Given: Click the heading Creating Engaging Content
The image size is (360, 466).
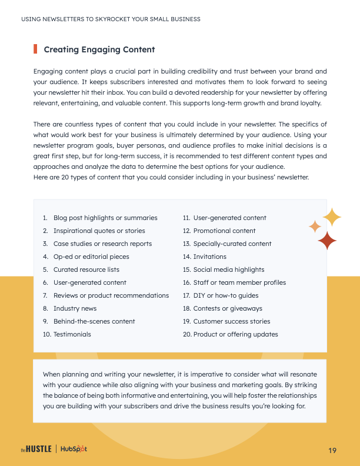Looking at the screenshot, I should click(99, 49).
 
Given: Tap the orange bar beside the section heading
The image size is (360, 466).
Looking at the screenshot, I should click(35, 49).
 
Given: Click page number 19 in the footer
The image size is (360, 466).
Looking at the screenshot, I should click(332, 450).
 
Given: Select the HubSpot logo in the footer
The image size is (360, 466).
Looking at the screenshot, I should click(74, 450).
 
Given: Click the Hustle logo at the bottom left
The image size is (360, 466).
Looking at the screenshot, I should click(36, 450).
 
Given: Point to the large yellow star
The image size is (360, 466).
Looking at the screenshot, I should click(332, 217).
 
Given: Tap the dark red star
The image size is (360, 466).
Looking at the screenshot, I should click(326, 240).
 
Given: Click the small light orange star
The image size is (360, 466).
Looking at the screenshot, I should click(315, 226).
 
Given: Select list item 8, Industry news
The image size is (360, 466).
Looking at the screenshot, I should click(75, 308).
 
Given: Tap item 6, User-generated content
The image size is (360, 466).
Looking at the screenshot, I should click(89, 282).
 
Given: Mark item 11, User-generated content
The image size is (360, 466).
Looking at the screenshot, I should click(229, 218).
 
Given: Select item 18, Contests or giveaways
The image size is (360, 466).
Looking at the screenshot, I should click(227, 308).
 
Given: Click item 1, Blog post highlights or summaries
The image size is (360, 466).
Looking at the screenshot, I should click(105, 218).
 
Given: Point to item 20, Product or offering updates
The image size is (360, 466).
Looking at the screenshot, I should click(235, 334).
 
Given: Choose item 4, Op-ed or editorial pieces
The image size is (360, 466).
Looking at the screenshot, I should click(91, 257).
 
